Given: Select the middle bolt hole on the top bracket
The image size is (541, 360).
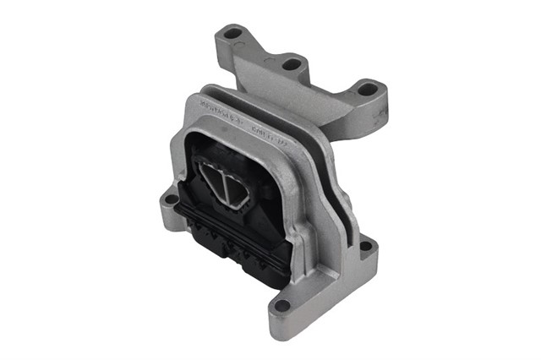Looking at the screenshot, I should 292,63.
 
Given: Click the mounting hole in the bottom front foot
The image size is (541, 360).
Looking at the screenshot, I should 282,305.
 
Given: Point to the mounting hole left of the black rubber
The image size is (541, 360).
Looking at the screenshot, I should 171,201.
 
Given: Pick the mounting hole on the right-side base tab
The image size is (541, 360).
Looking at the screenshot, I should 366,248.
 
